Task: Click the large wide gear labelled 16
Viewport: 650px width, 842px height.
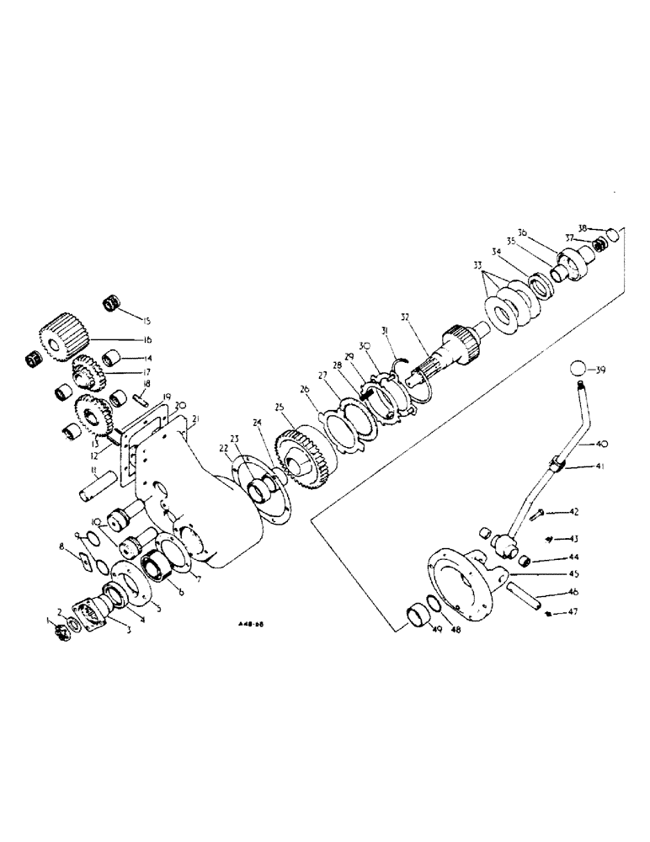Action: pos(61,334)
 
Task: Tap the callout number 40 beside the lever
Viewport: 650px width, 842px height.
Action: pos(603,443)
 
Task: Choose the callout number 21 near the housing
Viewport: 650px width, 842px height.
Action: pos(194,418)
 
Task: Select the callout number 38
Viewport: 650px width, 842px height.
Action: pos(583,227)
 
